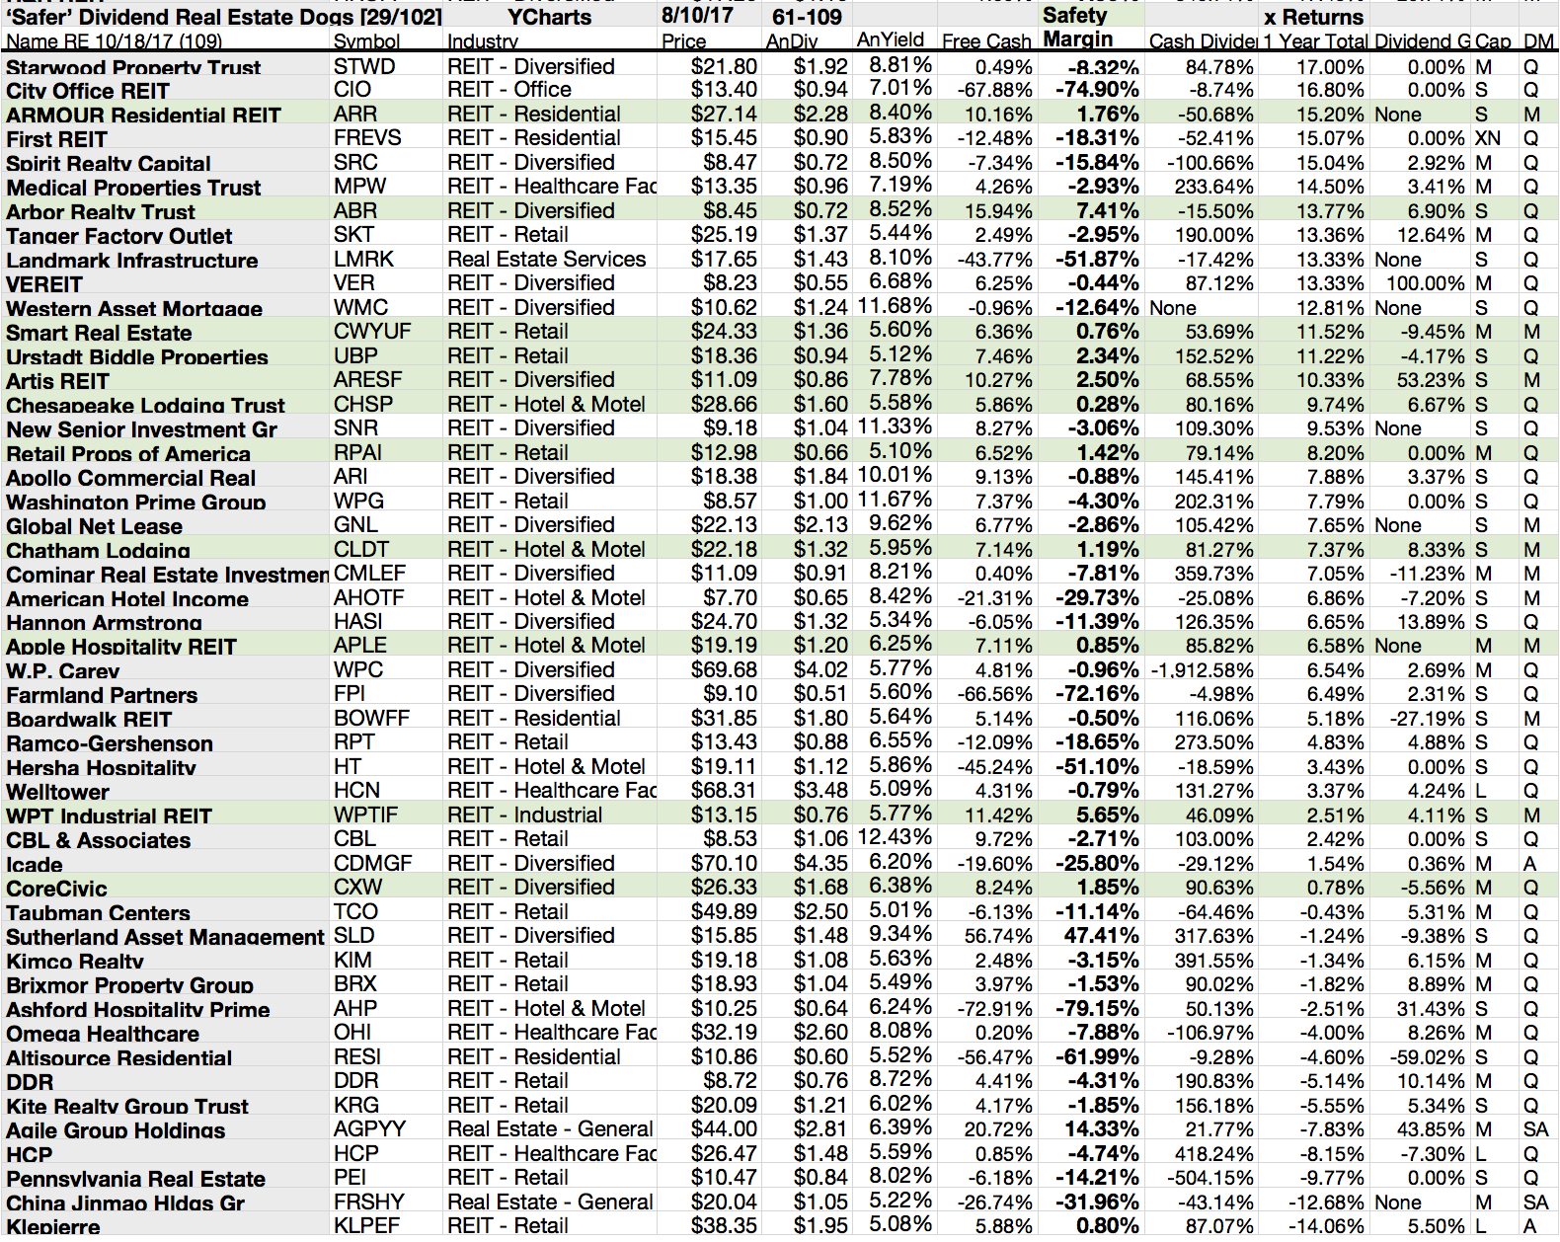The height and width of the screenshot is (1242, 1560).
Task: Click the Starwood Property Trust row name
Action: tap(133, 68)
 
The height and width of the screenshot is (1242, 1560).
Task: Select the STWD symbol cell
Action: tap(364, 67)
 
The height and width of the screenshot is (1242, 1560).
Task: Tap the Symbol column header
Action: tap(366, 41)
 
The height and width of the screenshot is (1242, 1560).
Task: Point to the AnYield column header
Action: tap(891, 40)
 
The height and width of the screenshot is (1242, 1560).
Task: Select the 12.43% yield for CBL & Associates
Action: tap(895, 838)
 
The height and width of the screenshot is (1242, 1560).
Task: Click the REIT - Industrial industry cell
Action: tap(524, 815)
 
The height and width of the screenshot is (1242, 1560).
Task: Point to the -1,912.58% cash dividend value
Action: tap(1202, 670)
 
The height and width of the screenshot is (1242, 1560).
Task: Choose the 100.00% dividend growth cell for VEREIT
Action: tap(1422, 284)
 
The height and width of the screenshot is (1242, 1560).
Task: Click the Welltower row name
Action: tap(58, 792)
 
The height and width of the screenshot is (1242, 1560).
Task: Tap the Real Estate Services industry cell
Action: tap(546, 260)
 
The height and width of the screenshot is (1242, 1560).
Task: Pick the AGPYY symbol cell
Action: tap(370, 1129)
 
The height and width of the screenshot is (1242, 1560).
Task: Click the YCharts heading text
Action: tap(549, 17)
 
